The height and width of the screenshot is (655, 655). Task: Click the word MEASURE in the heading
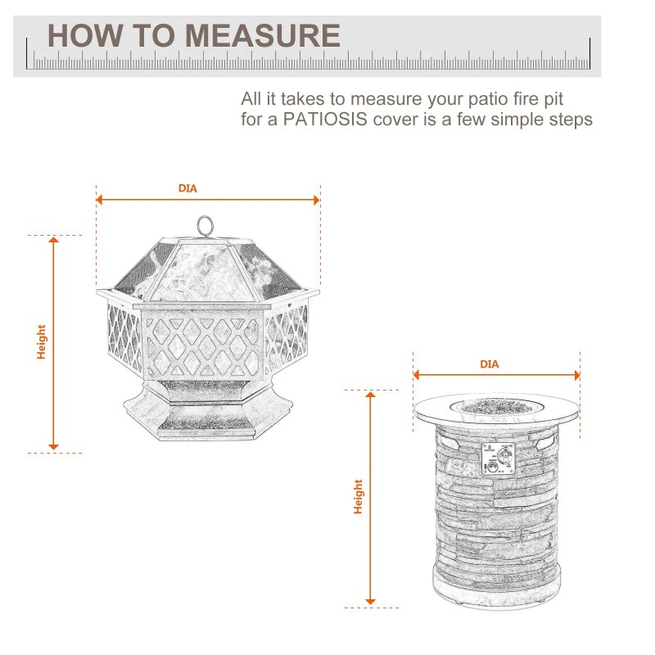point(263,36)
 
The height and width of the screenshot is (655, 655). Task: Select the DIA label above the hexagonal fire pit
point(187,188)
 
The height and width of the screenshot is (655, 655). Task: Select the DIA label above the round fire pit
point(489,364)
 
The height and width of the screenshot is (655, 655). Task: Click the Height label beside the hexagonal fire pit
point(41,342)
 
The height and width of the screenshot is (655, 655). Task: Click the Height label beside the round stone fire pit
point(358,497)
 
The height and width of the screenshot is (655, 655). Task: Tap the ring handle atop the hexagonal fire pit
point(204,224)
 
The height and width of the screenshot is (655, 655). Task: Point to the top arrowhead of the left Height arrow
point(54,240)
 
